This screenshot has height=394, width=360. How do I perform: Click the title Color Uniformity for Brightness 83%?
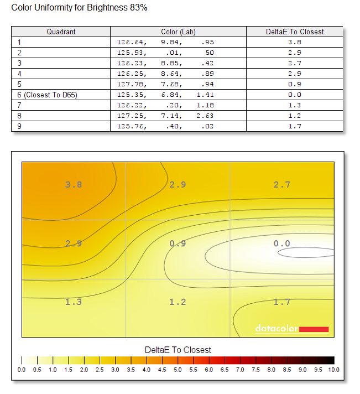coord(79,8)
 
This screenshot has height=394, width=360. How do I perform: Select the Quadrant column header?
coord(61,32)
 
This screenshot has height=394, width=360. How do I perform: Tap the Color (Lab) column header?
coord(178,32)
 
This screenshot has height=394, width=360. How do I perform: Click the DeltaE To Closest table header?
coord(295,32)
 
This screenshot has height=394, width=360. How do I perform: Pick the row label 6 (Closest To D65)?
coord(47,95)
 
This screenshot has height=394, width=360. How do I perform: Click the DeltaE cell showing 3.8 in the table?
coord(295,42)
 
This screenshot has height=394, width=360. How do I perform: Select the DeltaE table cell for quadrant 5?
coord(295,84)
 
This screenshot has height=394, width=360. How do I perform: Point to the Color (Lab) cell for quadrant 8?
coord(165,116)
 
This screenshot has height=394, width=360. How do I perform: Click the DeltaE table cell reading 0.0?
coord(295,95)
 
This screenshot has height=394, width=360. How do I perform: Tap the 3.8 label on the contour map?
coord(74,185)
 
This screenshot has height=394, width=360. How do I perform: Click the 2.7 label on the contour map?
coord(282,185)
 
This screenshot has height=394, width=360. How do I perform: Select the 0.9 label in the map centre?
coord(178,243)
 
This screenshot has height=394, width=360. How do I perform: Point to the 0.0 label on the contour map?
coord(282,243)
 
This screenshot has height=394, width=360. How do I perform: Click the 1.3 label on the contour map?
coord(74,302)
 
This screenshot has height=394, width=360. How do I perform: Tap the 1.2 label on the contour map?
coord(178,302)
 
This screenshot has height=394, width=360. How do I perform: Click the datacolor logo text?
coord(277,328)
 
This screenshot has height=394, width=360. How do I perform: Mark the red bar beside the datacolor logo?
coord(314,329)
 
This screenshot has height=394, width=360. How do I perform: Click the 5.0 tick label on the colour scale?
coord(178,370)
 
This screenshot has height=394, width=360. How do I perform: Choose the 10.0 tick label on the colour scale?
coord(333,370)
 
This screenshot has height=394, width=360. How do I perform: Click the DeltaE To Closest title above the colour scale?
coord(178,350)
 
